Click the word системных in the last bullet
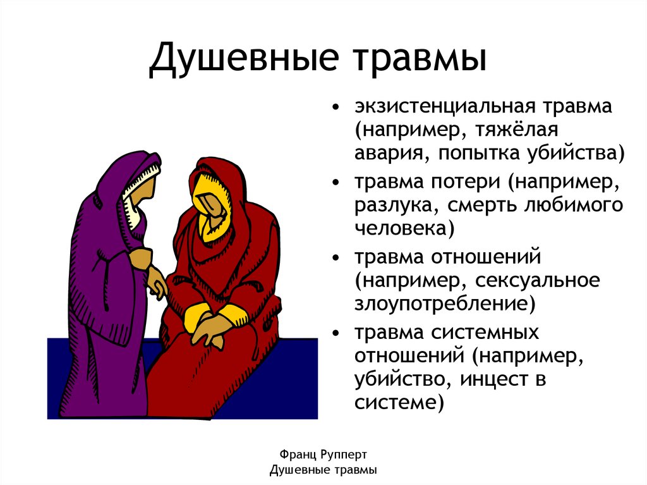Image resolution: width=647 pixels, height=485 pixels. tap(484, 332)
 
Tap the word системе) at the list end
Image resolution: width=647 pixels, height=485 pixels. tap(396, 403)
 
